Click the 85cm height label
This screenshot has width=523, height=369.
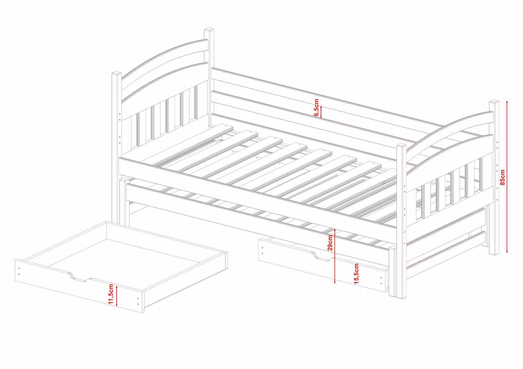502,177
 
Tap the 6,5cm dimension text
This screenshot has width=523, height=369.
316,108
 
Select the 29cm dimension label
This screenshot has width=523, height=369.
330,243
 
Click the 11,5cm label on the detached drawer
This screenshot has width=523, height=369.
111,294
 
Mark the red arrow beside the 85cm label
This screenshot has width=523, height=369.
507,177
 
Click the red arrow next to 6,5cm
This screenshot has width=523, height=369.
321,112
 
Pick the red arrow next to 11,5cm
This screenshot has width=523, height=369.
117,296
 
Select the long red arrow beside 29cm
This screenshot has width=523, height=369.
335,256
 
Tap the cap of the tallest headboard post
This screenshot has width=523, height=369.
209,30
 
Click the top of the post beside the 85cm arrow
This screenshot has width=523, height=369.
494,102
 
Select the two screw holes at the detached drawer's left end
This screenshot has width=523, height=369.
19,271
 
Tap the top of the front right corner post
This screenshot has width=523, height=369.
401,146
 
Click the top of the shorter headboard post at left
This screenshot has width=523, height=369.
117,74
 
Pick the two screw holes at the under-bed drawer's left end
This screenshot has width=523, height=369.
262,251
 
